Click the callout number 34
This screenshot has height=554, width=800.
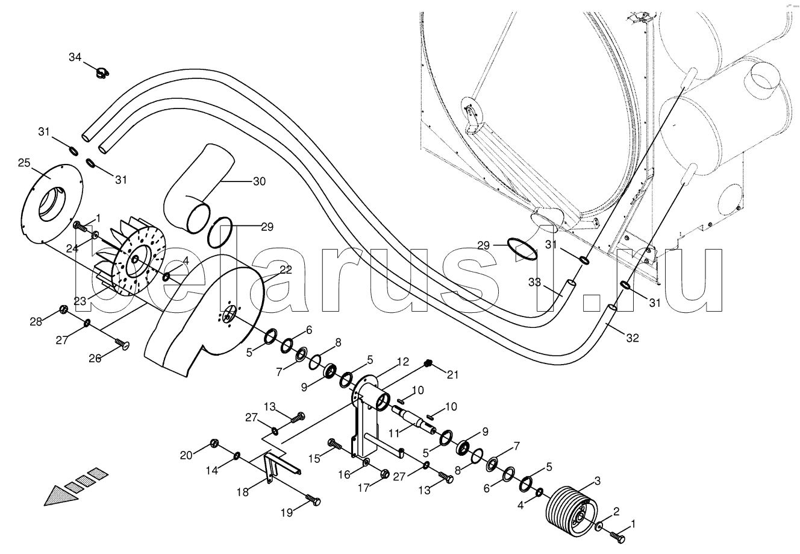tap(74, 57)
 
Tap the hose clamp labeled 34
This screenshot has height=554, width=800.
tap(102, 75)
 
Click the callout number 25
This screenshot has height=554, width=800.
tap(24, 163)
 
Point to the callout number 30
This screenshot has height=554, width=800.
tap(258, 181)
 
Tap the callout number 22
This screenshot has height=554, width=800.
tap(286, 270)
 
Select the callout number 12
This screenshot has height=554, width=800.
tap(402, 362)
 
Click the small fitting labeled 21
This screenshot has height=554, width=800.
tap(428, 364)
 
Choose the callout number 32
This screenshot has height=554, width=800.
tap(632, 338)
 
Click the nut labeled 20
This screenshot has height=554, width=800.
tap(214, 445)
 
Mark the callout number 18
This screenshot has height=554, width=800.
tap(242, 492)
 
